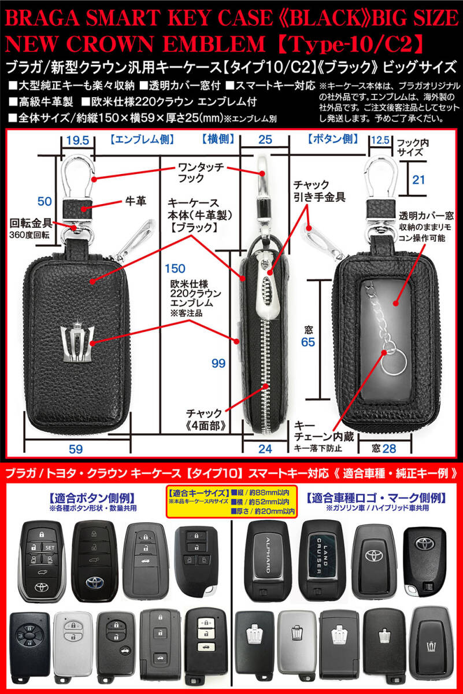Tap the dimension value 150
pyautogui.click(x=175, y=268)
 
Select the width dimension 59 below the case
pyautogui.click(x=76, y=449)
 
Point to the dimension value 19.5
pyautogui.click(x=77, y=141)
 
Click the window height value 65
pyautogui.click(x=308, y=342)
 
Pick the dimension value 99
pyautogui.click(x=218, y=363)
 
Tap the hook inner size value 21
pyautogui.click(x=418, y=180)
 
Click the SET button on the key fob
pyautogui.click(x=50, y=548)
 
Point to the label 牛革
pyautogui.click(x=136, y=201)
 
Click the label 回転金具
pyautogui.click(x=31, y=223)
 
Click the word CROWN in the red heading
pyautogui.click(x=110, y=44)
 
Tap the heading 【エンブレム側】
pyautogui.click(x=142, y=139)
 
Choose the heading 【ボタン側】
pyautogui.click(x=332, y=139)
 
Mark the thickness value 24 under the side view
pyautogui.click(x=265, y=449)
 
